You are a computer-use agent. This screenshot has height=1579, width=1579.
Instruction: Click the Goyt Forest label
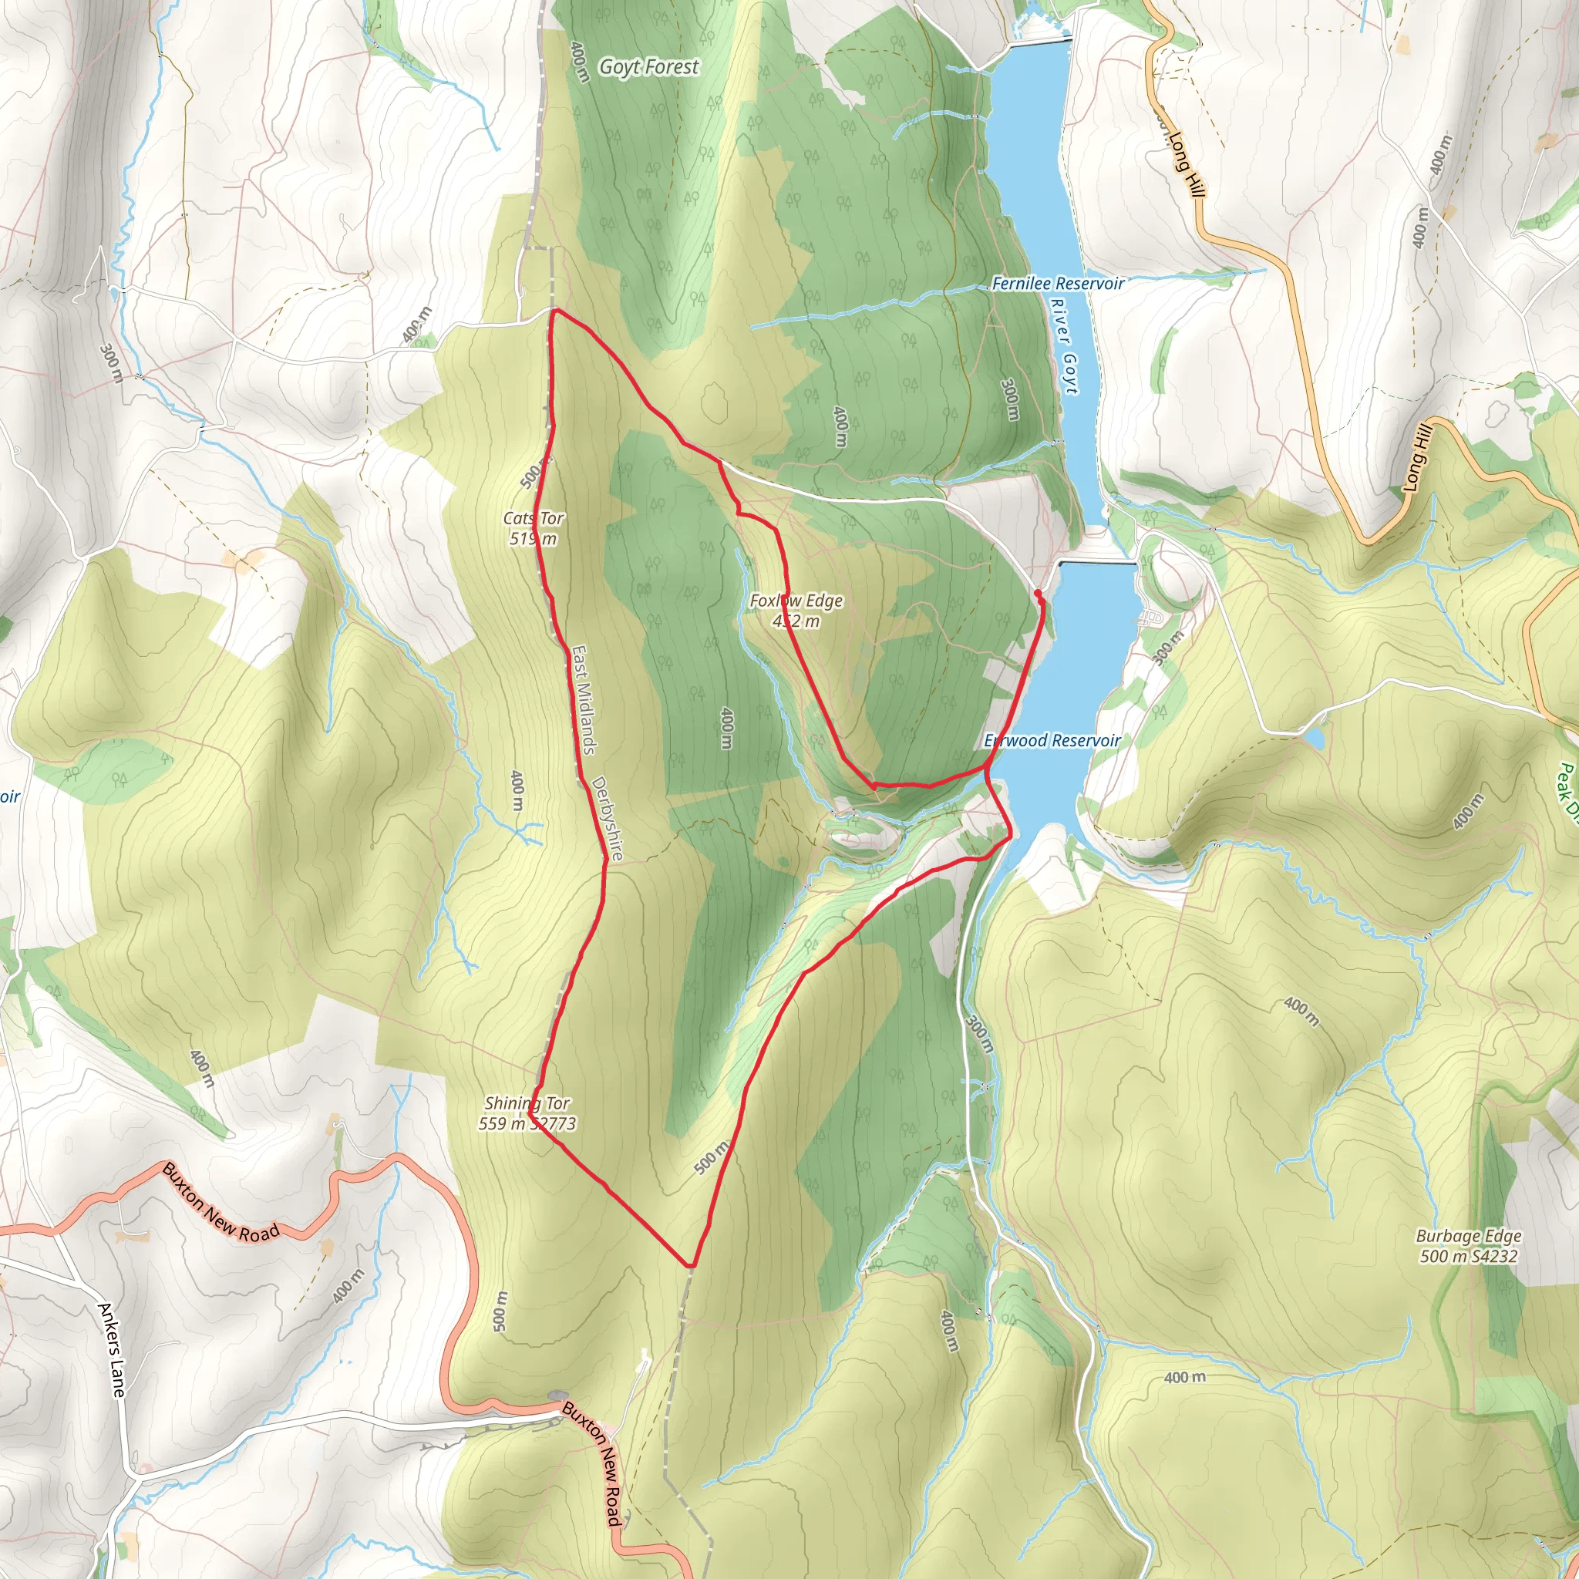(x=649, y=67)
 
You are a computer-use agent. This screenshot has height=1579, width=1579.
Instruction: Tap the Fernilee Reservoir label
(x=1058, y=284)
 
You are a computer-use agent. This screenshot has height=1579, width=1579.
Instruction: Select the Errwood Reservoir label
(x=1052, y=740)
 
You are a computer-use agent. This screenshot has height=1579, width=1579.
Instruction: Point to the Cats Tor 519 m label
(x=533, y=528)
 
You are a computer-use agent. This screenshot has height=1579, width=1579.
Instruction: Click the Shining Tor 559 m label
(x=527, y=1113)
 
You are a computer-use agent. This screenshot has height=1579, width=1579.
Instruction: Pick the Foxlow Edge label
(x=796, y=610)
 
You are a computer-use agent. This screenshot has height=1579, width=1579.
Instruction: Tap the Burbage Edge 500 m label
(x=1469, y=1247)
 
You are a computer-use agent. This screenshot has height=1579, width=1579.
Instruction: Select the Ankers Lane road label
(x=112, y=1349)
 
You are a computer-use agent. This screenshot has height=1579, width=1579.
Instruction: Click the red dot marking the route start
(x=1037, y=593)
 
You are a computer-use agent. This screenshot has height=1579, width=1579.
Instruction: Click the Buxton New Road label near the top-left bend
(x=221, y=1203)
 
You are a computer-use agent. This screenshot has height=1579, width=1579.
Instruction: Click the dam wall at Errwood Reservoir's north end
(x=1097, y=563)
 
